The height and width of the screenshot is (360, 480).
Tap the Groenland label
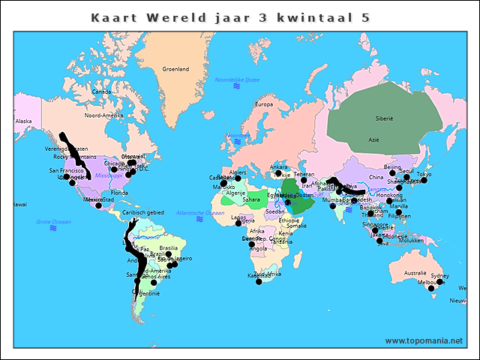point(176,69)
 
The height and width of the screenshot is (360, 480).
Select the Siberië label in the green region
point(384,118)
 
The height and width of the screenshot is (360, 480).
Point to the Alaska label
point(24,121)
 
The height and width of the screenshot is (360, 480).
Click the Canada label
point(101,92)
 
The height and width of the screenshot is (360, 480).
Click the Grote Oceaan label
point(54,222)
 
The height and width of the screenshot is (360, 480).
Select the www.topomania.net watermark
point(424,341)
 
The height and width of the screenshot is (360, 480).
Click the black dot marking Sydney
point(440,282)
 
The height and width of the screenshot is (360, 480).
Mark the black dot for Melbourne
point(430,289)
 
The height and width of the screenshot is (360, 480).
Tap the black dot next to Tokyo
point(424,181)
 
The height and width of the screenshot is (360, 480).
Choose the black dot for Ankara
point(278,173)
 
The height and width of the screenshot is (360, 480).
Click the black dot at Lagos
point(238,223)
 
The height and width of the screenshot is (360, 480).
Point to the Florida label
point(120,193)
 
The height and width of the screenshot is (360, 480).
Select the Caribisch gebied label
point(143,212)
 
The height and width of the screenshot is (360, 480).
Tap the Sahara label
point(251,199)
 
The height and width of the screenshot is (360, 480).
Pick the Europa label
point(264,104)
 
